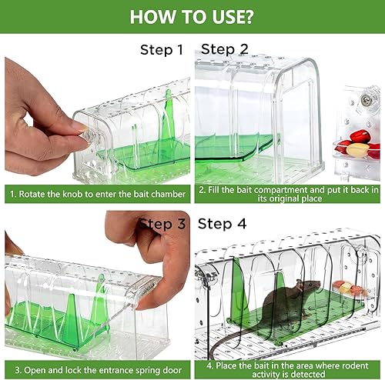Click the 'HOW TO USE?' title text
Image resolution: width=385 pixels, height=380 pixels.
(x=192, y=17)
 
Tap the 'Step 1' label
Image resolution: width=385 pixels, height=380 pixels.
(x=162, y=49)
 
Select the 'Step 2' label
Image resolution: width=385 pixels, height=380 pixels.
(x=225, y=49)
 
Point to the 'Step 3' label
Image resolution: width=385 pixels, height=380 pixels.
(x=162, y=224)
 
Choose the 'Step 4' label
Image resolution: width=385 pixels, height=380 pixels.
(x=222, y=224)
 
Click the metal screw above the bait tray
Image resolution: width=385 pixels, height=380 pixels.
(x=365, y=100)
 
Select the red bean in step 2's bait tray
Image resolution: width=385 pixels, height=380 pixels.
(x=360, y=136)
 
